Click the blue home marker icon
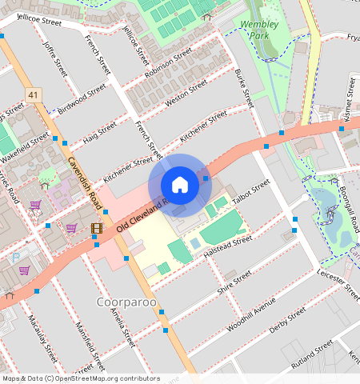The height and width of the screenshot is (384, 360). tap(180, 185)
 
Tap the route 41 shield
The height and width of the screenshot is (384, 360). tap(33, 95)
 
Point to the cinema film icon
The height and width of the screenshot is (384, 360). tap(97, 229)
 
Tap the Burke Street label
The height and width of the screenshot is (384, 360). tap(243, 88)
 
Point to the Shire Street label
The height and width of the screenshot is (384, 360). tap(234, 282)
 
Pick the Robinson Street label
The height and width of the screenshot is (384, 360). tap(168, 64)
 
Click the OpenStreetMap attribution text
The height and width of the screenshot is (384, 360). tap(80, 378)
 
